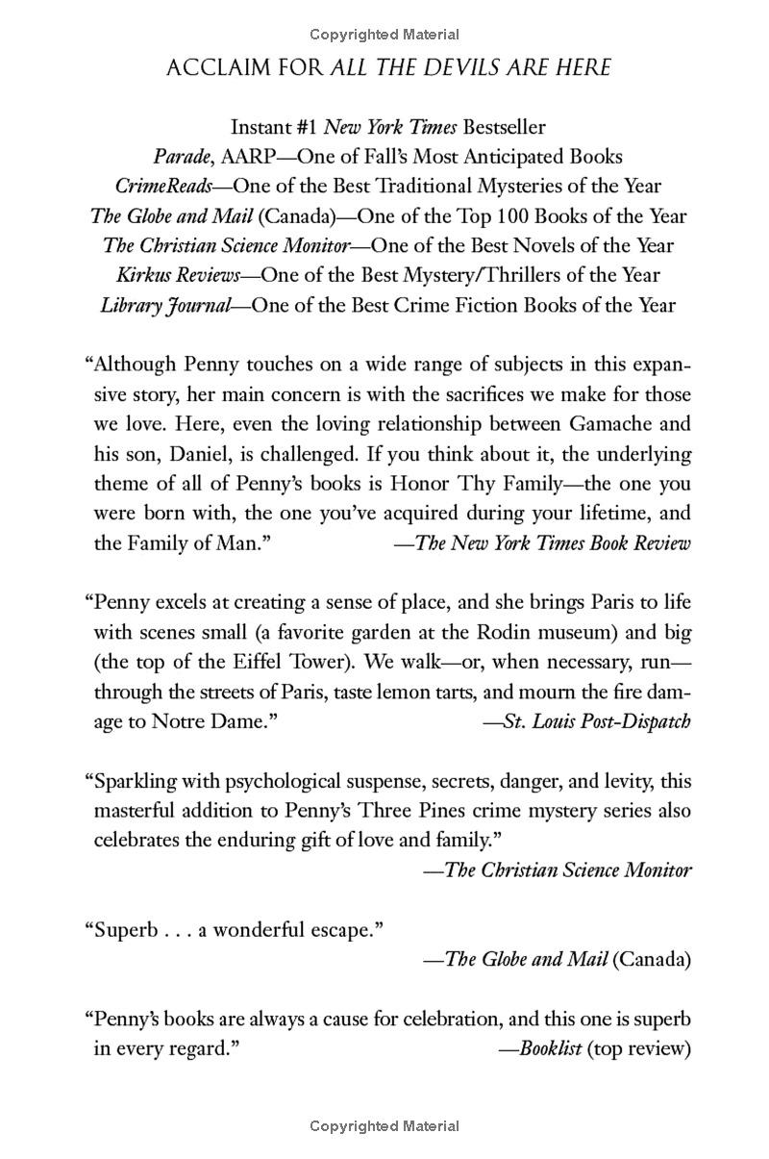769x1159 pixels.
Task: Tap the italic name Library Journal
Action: (165, 306)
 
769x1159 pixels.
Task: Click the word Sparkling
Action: (135, 782)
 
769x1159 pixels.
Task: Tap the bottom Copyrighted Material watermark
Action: (384, 1126)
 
